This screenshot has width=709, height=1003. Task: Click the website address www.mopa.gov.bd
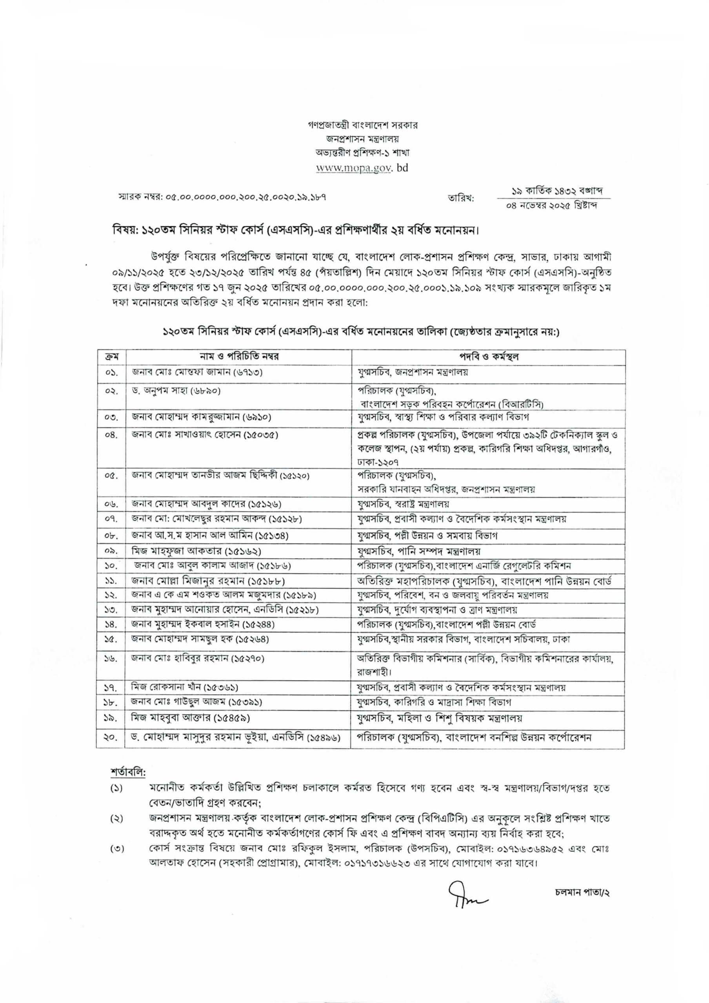coord(362,168)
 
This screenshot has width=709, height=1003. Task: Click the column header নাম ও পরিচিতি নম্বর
coord(239,357)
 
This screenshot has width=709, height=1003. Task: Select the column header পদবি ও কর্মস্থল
coord(488,357)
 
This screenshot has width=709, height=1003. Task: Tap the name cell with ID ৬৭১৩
coord(197,372)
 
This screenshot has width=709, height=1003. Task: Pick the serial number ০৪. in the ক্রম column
coord(111,436)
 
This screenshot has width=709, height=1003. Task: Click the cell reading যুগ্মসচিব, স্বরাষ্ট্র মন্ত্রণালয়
coord(403,504)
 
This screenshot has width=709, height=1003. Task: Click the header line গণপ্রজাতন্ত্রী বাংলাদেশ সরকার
coord(362,125)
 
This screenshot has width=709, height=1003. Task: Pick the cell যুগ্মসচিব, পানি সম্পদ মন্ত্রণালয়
coord(419,551)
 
